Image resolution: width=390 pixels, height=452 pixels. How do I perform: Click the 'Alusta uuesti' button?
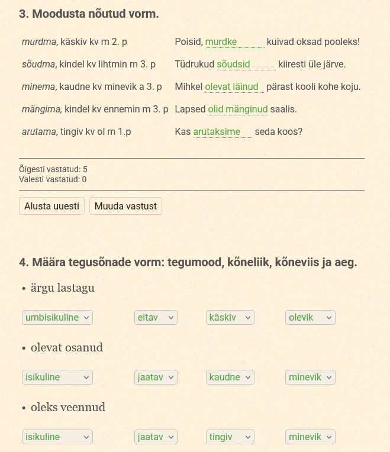tap(51, 206)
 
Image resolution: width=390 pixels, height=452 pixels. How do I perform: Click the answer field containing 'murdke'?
tap(234, 42)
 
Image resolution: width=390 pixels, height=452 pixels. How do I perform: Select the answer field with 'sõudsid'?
tap(246, 64)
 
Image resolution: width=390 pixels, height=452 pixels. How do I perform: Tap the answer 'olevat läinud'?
tap(234, 87)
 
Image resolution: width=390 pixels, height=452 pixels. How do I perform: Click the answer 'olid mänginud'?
tap(238, 109)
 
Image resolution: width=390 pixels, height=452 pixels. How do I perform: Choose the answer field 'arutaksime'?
tap(223, 132)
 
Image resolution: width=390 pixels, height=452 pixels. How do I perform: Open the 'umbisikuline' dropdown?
tap(57, 318)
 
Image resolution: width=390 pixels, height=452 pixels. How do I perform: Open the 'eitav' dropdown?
tap(156, 318)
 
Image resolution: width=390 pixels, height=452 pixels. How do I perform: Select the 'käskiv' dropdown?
tap(230, 318)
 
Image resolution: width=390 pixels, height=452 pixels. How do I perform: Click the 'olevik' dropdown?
tap(310, 318)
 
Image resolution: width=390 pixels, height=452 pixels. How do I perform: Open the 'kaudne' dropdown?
tap(230, 377)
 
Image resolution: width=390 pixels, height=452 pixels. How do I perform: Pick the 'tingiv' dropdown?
tap(230, 437)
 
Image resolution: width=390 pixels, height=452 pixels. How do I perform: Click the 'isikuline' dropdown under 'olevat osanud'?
tap(57, 377)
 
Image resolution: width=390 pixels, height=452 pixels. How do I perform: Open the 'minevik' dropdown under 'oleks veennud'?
tap(310, 437)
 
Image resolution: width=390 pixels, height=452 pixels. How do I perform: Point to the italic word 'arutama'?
tap(38, 132)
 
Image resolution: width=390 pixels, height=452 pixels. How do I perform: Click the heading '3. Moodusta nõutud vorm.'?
tap(89, 14)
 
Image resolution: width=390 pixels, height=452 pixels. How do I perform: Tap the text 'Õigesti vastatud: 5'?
tap(53, 169)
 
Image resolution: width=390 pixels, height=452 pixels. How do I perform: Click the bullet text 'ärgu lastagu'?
tap(63, 288)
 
